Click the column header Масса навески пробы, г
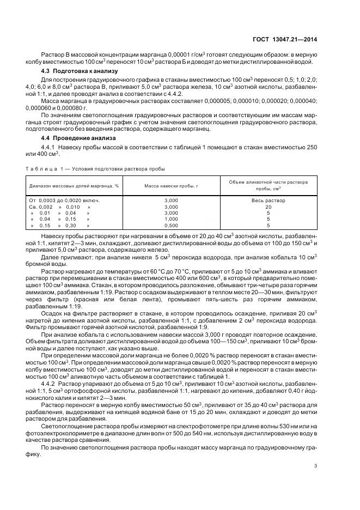170,186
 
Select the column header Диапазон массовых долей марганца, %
74,186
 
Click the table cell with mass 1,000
170,218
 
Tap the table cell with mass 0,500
170,224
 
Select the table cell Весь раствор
268,201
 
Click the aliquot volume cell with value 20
268,207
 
